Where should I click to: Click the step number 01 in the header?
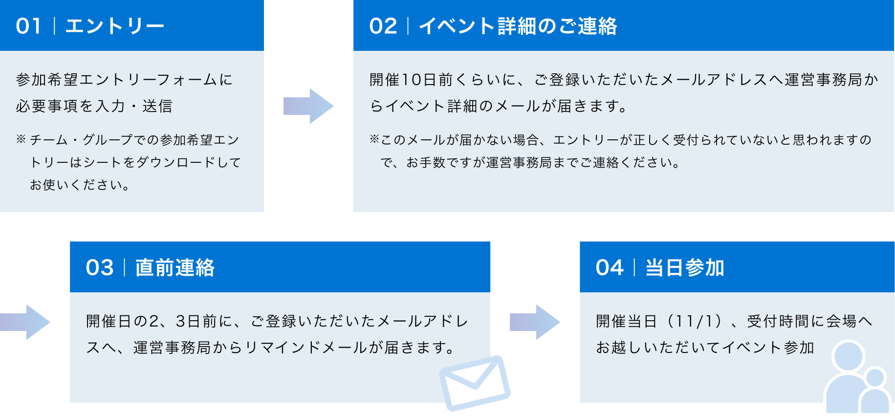(28, 26)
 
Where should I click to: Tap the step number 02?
(383, 26)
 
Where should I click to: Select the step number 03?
(100, 268)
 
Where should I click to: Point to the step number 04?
(610, 268)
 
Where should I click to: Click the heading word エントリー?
(114, 26)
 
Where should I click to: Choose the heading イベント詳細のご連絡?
(518, 26)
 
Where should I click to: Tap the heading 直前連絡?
(175, 268)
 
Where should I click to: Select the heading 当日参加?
(684, 268)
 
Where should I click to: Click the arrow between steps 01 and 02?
(308, 106)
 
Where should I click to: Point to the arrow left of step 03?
(27, 322)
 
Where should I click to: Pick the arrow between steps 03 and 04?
(535, 322)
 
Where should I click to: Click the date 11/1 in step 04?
(694, 321)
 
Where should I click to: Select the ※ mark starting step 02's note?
(374, 140)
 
